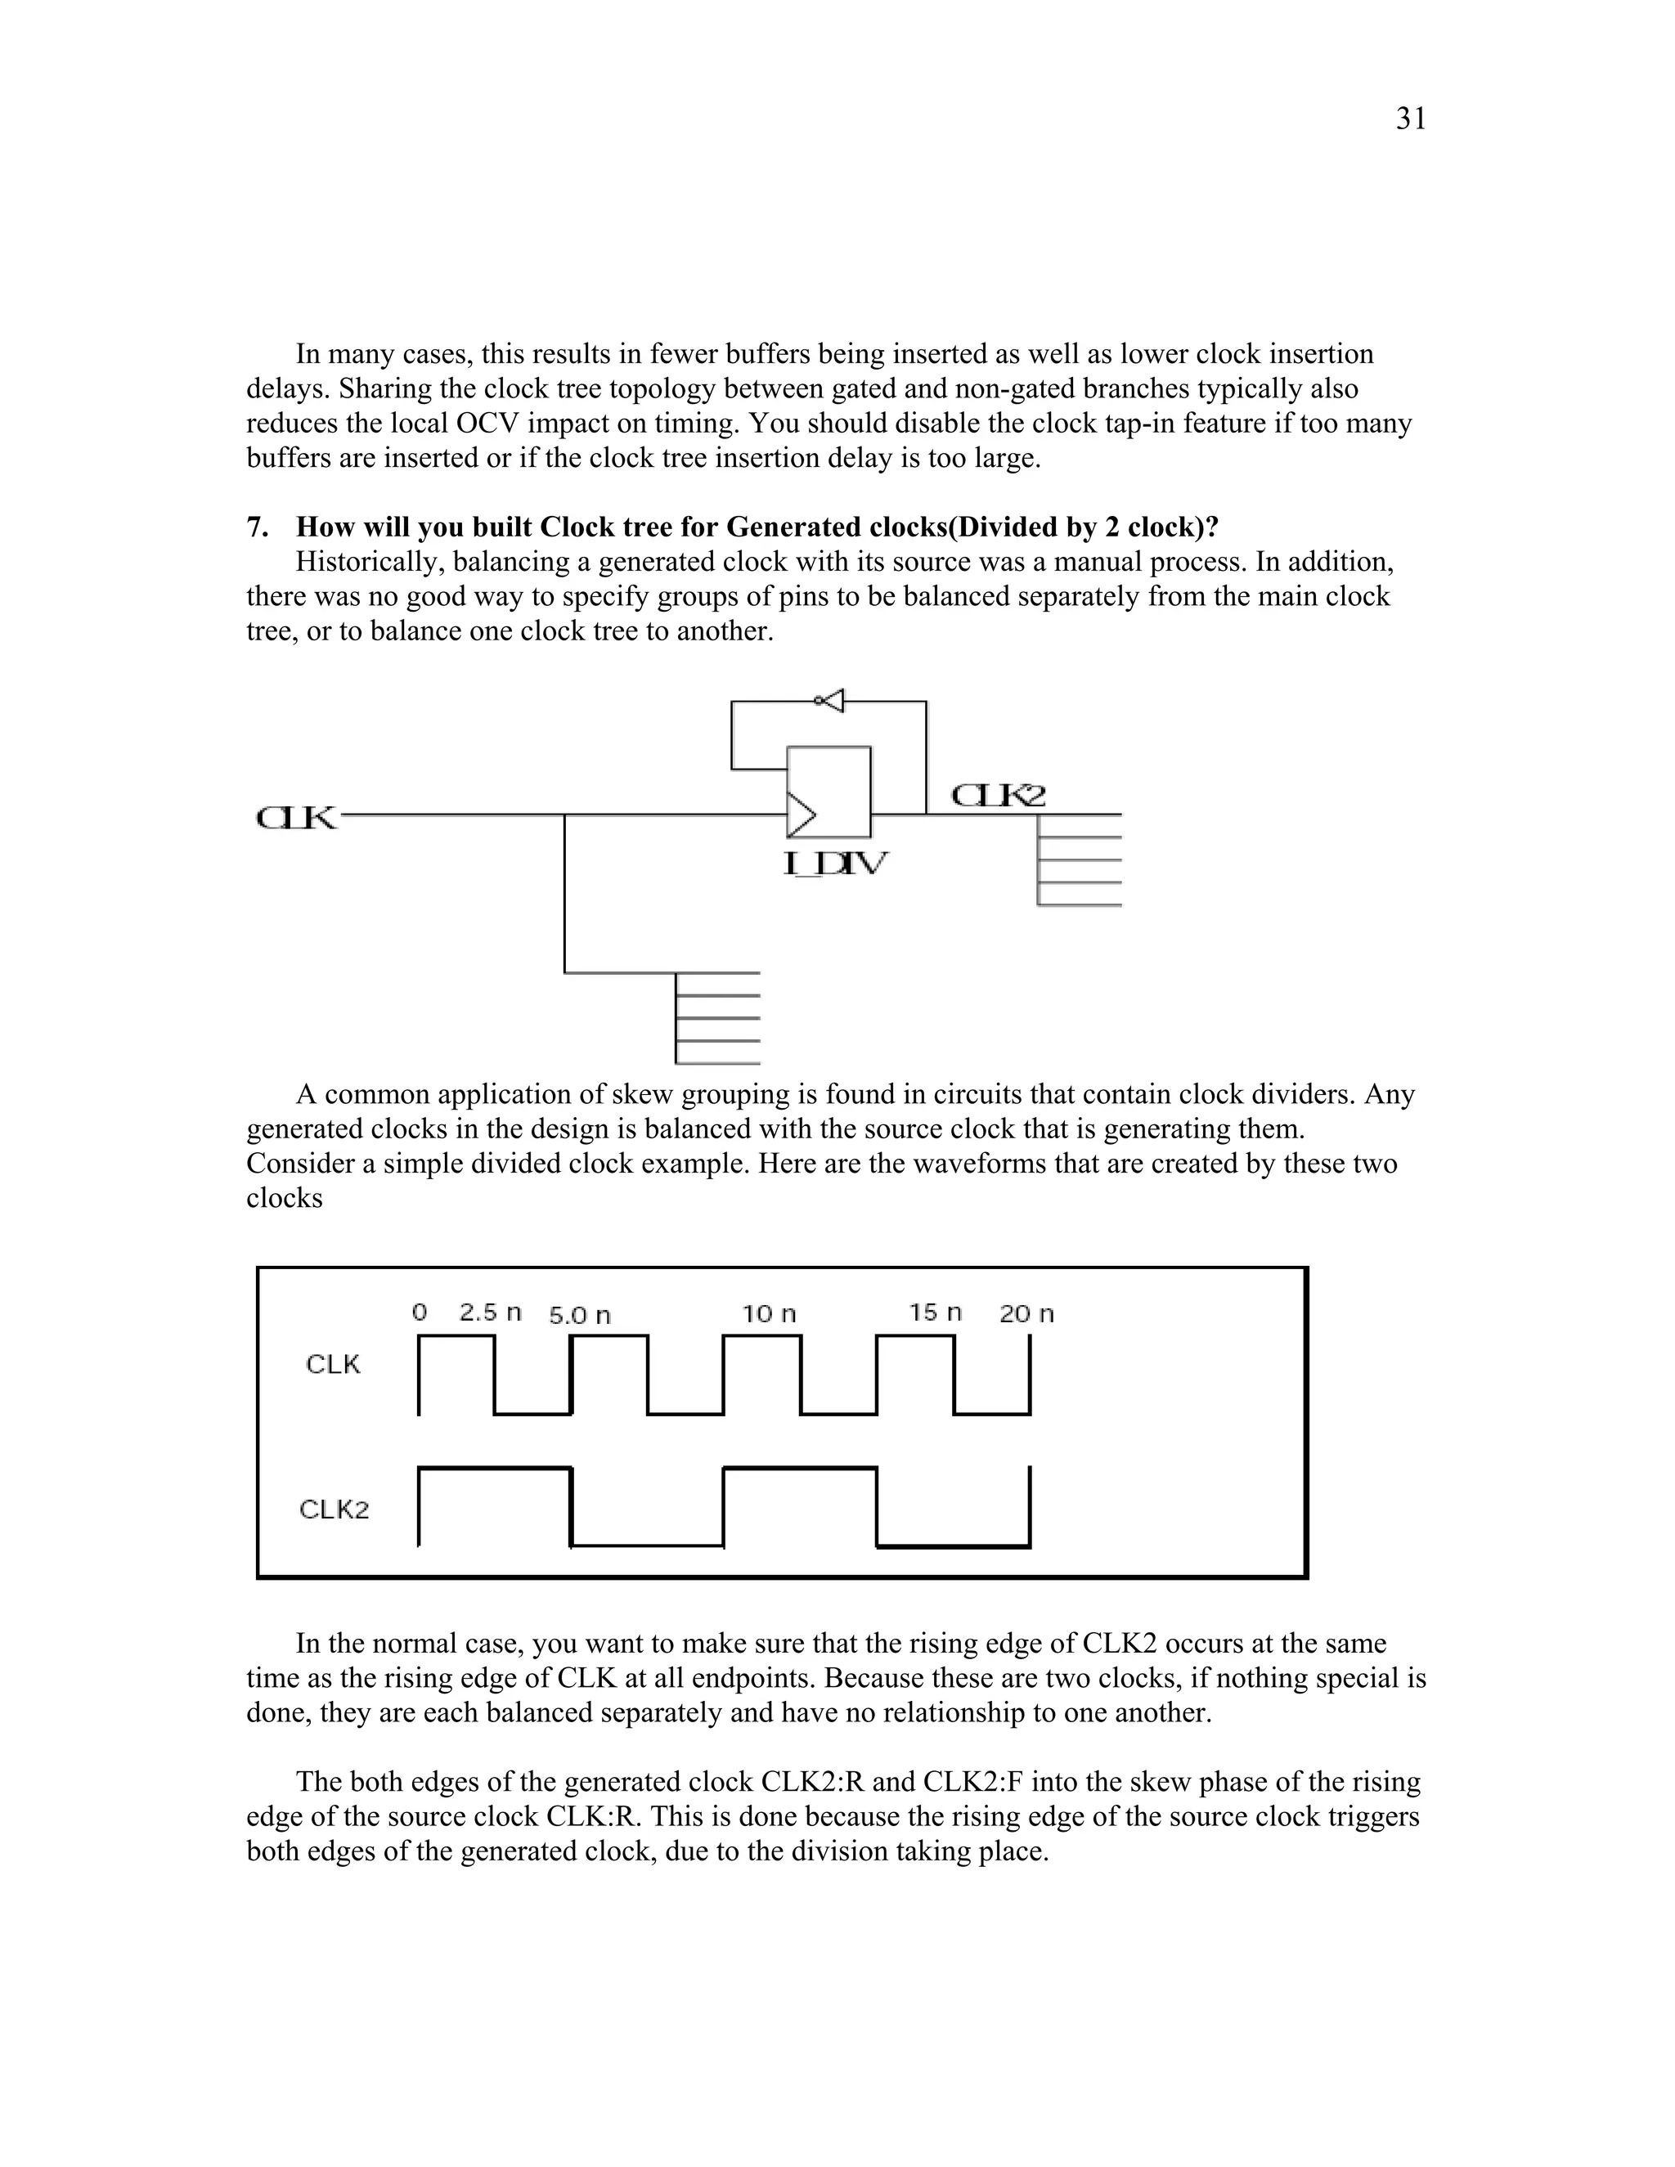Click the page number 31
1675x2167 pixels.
1410,119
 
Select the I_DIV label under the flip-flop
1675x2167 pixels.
836,864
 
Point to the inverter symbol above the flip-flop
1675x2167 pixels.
829,701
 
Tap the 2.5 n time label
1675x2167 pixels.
490,1312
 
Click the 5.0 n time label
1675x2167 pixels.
580,1316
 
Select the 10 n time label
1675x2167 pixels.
769,1314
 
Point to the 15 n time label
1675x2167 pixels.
935,1312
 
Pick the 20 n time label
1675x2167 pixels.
1026,1314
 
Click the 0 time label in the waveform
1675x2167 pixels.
419,1312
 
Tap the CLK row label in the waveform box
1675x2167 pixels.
332,1364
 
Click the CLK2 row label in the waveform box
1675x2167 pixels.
334,1510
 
